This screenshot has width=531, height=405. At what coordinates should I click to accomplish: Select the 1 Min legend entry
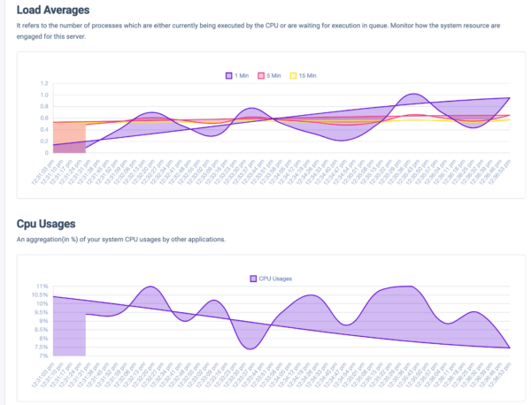(238, 75)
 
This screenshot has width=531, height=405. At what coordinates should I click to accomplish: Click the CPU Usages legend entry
(270, 278)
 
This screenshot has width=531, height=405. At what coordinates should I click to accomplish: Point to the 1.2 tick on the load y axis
(43, 84)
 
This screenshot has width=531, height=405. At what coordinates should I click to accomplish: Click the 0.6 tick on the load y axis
(43, 118)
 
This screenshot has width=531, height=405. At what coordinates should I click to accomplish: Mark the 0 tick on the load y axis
(46, 153)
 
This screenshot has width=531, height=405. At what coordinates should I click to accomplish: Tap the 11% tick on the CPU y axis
(41, 287)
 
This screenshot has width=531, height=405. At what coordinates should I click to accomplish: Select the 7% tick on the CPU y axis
(42, 355)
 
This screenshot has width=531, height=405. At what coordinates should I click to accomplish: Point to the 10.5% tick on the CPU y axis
(39, 295)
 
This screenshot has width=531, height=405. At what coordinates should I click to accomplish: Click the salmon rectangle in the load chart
(69, 137)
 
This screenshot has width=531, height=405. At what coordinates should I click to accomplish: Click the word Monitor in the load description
(366, 26)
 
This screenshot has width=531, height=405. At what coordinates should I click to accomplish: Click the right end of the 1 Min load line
(510, 98)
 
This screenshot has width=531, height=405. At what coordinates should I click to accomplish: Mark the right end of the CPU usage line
(510, 348)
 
